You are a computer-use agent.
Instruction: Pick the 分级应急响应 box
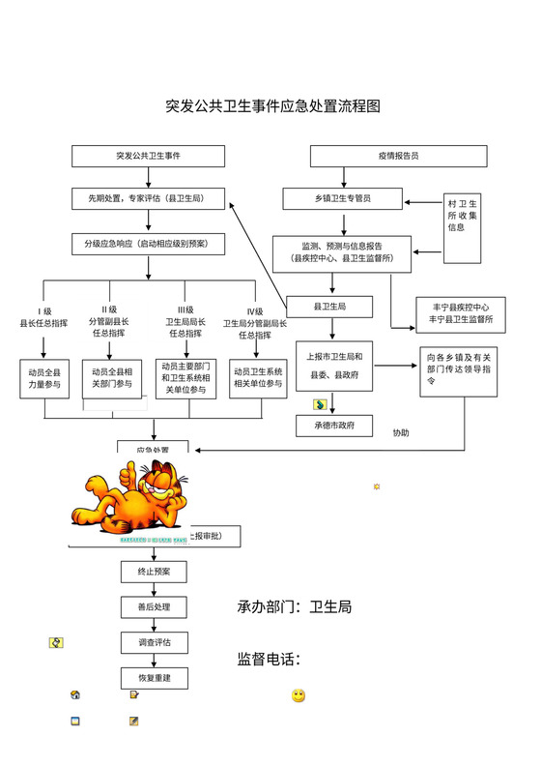(x=148, y=244)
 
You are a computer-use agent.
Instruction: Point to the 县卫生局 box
(x=329, y=307)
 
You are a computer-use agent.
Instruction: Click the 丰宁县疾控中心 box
(x=460, y=313)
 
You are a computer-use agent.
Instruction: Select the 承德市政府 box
(x=333, y=425)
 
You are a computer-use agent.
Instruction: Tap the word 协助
(x=401, y=432)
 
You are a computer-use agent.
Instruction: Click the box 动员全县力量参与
(x=44, y=377)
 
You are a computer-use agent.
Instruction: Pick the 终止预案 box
(x=154, y=572)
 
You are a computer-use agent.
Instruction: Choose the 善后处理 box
(x=154, y=607)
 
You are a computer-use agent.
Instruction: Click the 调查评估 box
(x=154, y=642)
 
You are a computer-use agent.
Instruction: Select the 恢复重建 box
(x=154, y=678)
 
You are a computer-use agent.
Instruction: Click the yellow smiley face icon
(x=299, y=695)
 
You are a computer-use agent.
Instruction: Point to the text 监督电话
(x=269, y=660)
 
